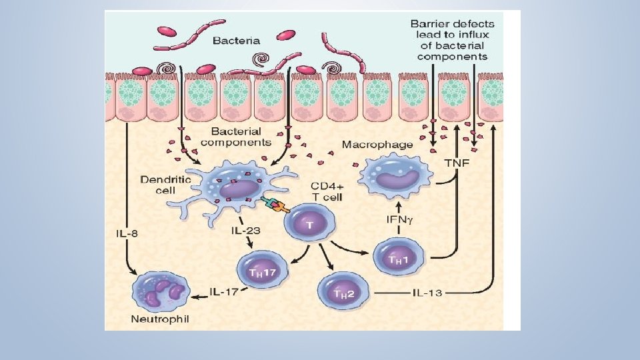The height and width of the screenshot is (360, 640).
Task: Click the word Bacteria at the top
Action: tap(236, 41)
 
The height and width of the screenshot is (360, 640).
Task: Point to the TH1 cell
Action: tap(396, 257)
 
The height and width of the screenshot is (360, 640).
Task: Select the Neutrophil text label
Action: tap(161, 319)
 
